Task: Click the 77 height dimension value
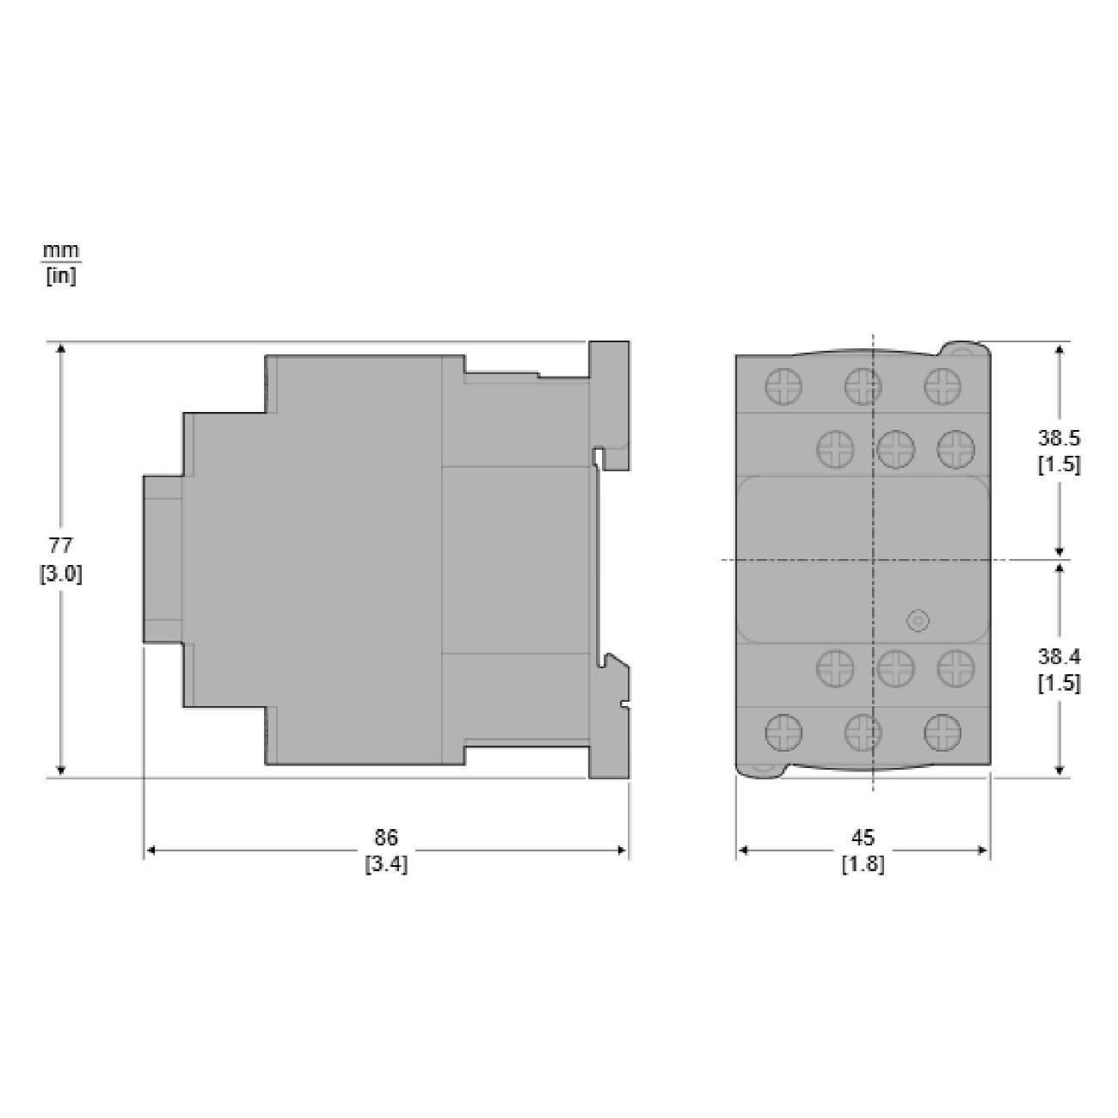click(x=60, y=546)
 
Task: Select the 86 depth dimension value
click(x=386, y=837)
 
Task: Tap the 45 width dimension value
click(x=863, y=837)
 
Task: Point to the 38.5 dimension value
click(x=1060, y=438)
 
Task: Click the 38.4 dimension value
click(x=1060, y=657)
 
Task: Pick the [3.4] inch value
click(x=386, y=864)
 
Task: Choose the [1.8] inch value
click(x=863, y=864)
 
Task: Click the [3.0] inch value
click(x=60, y=574)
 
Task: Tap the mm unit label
click(x=60, y=250)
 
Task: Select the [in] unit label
click(x=60, y=276)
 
